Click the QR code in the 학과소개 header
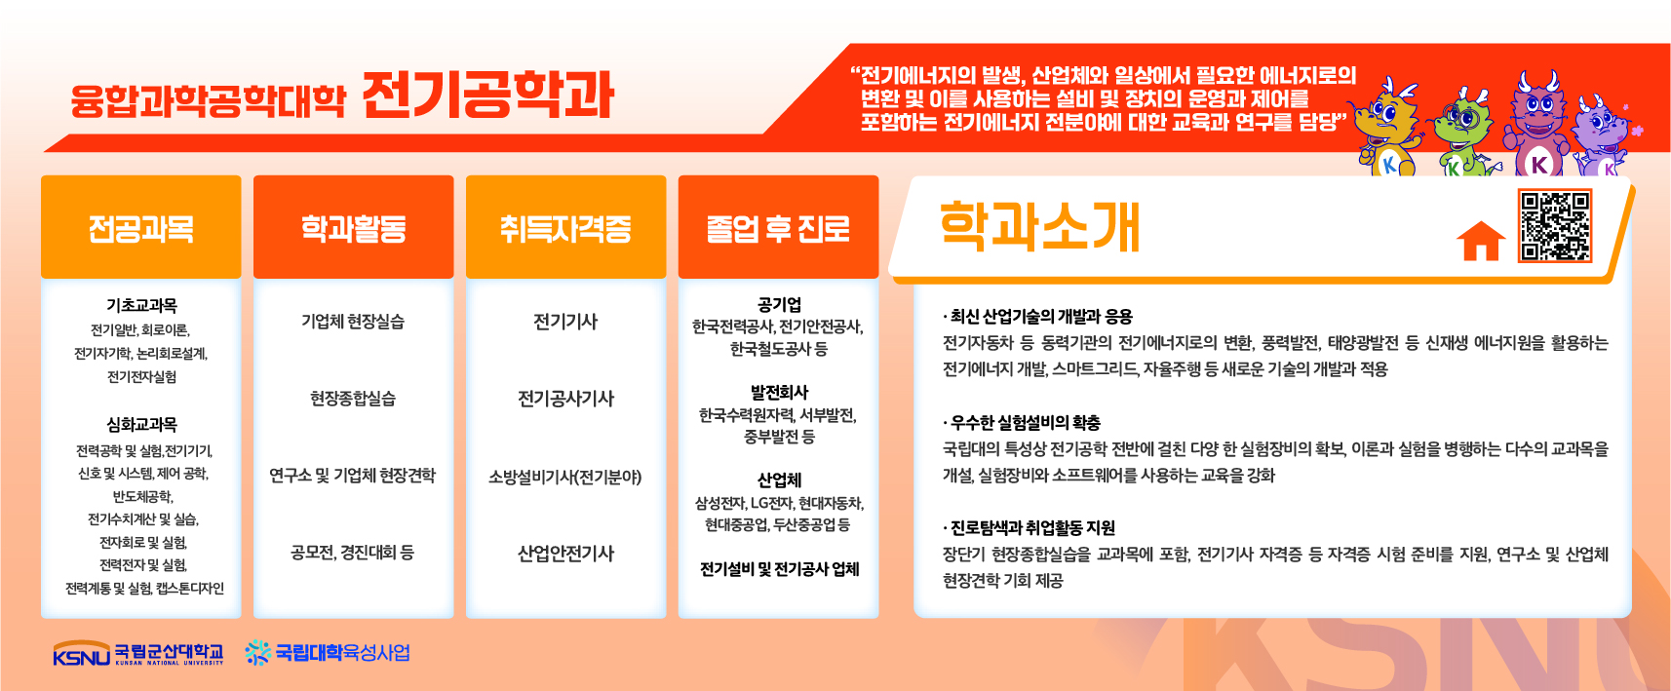(1555, 226)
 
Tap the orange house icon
(1481, 241)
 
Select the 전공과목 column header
(141, 227)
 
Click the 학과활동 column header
(354, 227)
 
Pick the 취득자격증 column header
(565, 227)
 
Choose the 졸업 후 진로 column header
(778, 227)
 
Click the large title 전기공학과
(487, 95)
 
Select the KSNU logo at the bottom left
(138, 653)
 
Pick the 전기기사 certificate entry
(565, 322)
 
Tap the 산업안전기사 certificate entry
(565, 554)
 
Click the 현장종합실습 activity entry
(353, 398)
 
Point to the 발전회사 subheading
(779, 392)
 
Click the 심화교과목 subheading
(141, 424)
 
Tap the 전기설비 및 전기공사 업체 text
(779, 569)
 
